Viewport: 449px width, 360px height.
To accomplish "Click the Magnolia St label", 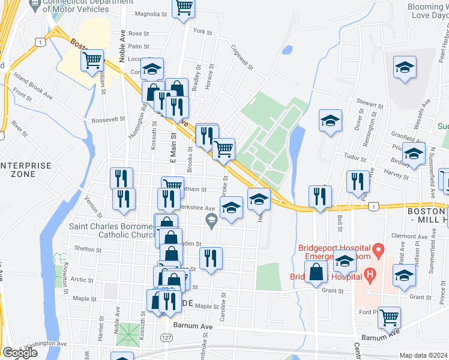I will pyautogui.click(x=149, y=14).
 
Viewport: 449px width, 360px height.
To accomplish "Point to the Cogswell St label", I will pyautogui.click(x=245, y=58).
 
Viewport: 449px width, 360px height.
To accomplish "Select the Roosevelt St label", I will pyautogui.click(x=109, y=119).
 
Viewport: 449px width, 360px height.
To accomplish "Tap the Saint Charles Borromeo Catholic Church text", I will pyautogui.click(x=111, y=231).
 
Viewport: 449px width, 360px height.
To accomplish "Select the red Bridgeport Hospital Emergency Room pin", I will pyautogui.click(x=377, y=248).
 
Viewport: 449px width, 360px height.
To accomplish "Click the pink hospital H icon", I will pyautogui.click(x=370, y=276).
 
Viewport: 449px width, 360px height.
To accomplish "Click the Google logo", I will pyautogui.click(x=20, y=353).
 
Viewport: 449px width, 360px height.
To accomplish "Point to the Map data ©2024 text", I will pyautogui.click(x=424, y=355).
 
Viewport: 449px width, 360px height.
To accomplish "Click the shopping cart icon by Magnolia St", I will pyautogui.click(x=184, y=8).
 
